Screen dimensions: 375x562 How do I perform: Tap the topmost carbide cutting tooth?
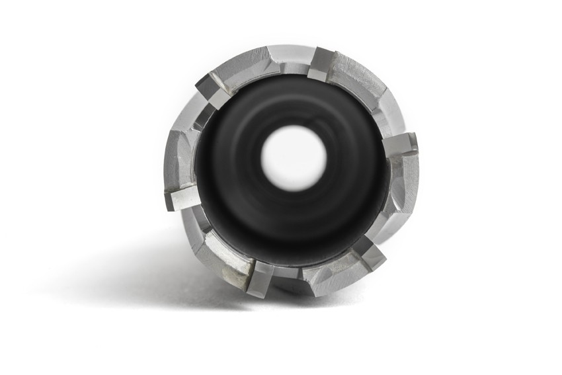[322, 63]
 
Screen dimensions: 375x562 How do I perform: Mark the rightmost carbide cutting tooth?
[400, 144]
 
